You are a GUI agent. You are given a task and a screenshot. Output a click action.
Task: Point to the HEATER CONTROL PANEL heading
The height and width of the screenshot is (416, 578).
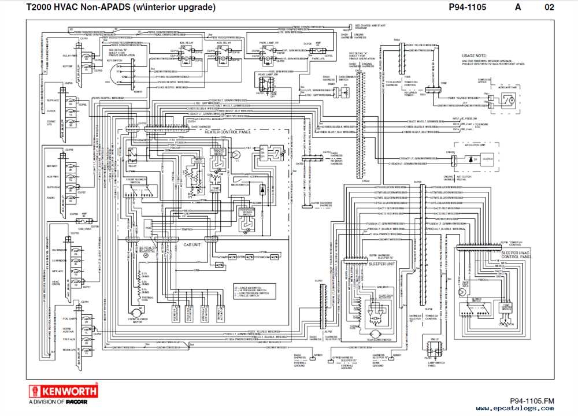(x=228, y=132)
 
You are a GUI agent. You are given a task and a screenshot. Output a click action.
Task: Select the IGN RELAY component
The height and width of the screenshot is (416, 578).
(x=186, y=53)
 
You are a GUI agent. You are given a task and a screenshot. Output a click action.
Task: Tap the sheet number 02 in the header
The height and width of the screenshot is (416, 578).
(x=549, y=8)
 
